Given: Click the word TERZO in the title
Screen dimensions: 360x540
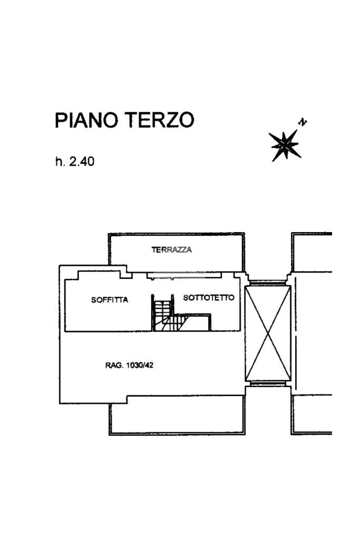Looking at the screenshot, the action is (159, 121).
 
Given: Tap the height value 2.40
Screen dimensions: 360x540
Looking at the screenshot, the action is (82, 162).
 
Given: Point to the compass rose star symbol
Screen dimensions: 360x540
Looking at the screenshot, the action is (284, 144).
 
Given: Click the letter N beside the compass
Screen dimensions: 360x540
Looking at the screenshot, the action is (303, 123).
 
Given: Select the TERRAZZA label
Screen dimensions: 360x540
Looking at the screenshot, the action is (172, 250).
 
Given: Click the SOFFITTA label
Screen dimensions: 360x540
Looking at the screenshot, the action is (110, 300).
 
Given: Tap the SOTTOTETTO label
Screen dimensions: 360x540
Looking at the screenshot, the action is (209, 298).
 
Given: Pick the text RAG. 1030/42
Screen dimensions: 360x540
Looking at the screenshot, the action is (130, 365).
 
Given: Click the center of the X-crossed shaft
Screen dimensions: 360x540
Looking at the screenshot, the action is (268, 333).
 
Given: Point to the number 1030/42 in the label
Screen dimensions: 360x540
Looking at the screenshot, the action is (140, 365).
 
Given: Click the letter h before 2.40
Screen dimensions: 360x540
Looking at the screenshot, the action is (59, 162).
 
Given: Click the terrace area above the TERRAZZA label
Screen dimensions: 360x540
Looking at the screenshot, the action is (174, 240).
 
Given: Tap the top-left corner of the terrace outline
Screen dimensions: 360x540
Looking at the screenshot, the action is (109, 234).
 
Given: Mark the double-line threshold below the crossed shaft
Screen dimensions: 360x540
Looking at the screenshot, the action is (268, 384).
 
